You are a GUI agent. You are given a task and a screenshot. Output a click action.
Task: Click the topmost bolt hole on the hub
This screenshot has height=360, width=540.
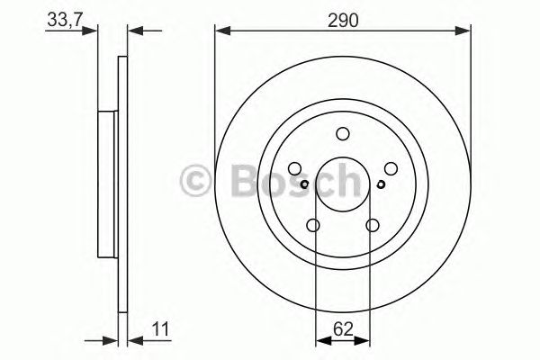(342, 134)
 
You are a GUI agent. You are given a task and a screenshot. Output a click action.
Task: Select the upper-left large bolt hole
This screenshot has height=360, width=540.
(295, 168)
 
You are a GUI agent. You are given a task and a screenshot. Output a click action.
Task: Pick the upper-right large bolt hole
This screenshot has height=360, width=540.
(390, 168)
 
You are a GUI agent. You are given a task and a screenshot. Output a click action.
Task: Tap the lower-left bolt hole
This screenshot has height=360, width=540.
(313, 225)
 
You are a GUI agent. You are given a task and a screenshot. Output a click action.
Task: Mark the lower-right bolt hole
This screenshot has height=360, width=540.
(372, 225)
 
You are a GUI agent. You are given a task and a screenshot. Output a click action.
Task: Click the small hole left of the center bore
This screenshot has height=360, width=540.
(305, 185)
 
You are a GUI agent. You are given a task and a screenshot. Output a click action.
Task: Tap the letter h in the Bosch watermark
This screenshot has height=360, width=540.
(345, 183)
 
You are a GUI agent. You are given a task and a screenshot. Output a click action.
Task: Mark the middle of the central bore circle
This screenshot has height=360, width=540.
(342, 184)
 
